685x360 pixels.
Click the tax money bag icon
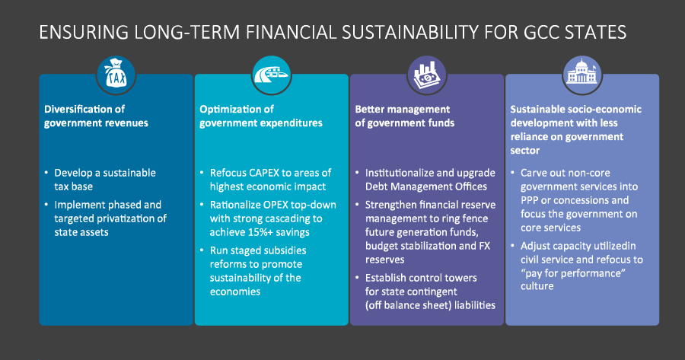coord(116,75)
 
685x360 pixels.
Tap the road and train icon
coord(271,75)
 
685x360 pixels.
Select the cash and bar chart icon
coord(427,75)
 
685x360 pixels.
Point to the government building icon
coord(582,75)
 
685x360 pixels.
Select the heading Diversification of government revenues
coord(96,116)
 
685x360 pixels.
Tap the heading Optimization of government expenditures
coord(261,116)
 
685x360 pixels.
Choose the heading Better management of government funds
coord(405,116)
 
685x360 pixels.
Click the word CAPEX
coord(263,173)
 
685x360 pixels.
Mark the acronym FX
coord(485,246)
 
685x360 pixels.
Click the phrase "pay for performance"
coord(573,273)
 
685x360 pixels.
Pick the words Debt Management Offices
coord(426,186)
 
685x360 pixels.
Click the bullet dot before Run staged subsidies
coord(202,250)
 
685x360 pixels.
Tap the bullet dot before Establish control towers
coord(357,278)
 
